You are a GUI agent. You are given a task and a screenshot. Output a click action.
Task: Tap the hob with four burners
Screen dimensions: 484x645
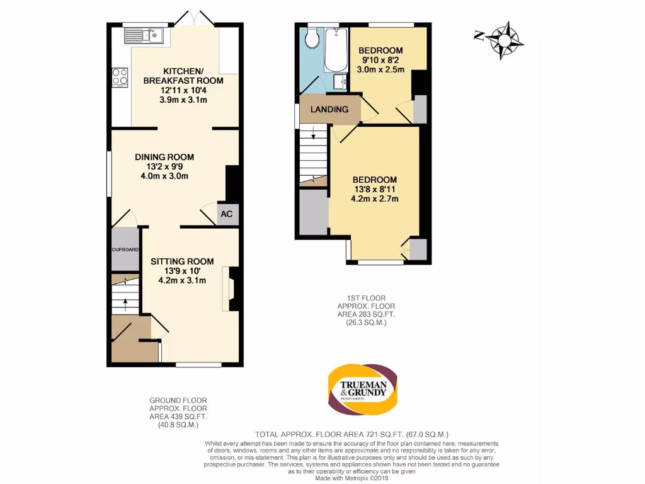119,77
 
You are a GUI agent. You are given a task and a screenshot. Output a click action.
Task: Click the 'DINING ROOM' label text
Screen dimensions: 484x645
164,157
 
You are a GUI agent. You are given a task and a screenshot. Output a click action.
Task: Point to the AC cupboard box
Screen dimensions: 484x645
227,214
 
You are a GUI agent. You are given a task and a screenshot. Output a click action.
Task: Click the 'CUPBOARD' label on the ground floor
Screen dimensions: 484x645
125,250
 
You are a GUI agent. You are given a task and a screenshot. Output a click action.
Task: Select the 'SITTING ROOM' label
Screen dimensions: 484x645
182,261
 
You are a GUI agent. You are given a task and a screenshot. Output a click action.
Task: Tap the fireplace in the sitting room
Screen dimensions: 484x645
231,289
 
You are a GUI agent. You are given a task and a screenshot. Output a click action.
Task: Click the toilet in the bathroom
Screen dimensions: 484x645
310,40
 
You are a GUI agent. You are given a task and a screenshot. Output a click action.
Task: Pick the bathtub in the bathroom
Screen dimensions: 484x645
335,50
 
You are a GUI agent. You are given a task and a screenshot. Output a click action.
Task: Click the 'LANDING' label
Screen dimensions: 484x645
329,109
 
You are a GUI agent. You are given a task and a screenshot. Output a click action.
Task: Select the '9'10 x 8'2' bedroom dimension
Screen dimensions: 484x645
380,60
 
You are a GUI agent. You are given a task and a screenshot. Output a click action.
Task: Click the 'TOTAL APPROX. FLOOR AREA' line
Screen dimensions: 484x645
351,434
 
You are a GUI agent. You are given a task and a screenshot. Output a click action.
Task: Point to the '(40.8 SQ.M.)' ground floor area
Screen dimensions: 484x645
178,425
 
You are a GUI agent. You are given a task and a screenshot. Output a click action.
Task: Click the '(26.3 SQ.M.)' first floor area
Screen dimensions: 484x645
366,322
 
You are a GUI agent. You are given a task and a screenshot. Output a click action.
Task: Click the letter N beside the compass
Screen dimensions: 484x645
479,35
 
